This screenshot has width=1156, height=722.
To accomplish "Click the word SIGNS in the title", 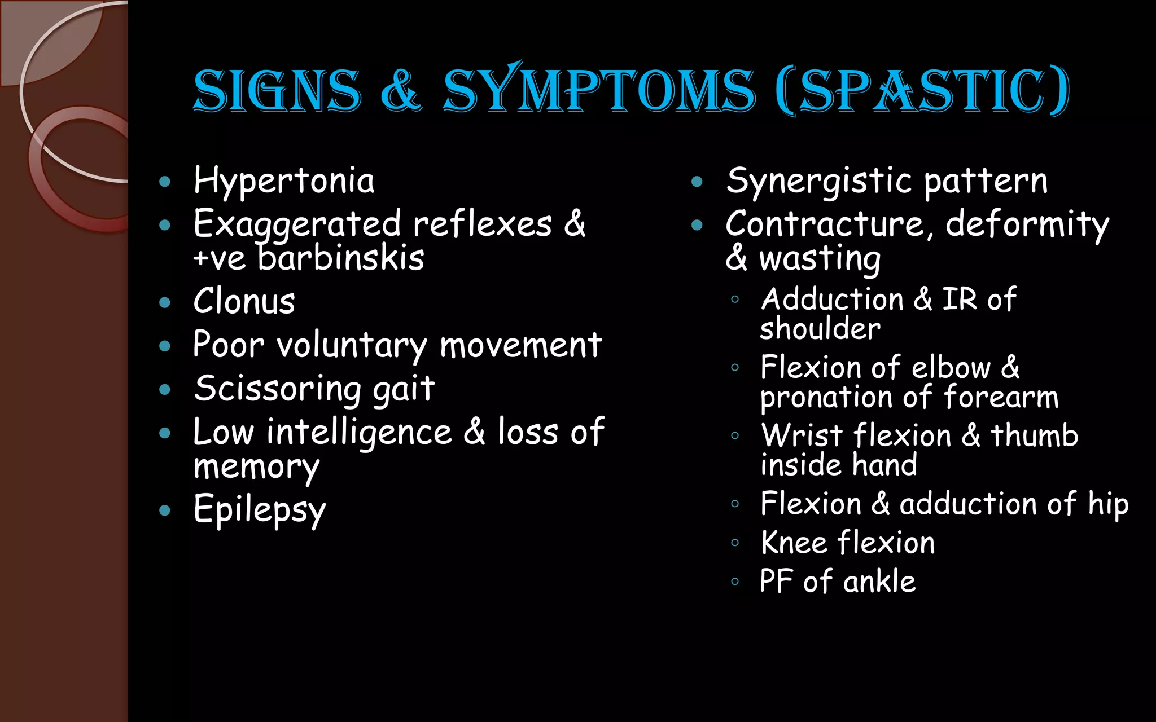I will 277,90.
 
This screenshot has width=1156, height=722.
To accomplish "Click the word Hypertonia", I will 284,182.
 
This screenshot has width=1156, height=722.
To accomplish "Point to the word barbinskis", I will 341,258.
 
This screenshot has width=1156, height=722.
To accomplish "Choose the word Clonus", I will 244,301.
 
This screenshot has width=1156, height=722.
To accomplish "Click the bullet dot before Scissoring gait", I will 165,389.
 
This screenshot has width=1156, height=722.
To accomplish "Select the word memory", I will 256,467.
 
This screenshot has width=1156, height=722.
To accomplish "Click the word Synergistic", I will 819,182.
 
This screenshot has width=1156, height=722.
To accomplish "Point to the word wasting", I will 820,258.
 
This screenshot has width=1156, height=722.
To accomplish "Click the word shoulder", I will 820,328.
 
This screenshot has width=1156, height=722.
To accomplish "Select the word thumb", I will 1034,435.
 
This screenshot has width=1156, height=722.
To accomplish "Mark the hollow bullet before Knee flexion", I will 735,543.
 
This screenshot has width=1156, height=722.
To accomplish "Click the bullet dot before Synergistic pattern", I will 697,182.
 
